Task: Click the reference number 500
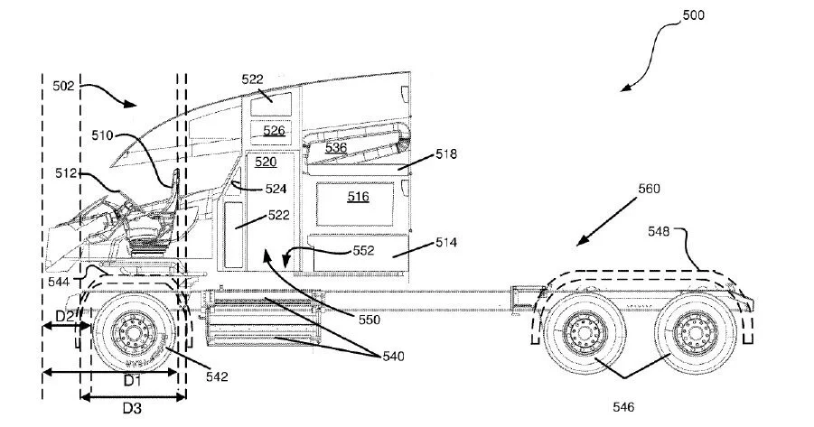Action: click(693, 15)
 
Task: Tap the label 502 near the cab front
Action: click(64, 86)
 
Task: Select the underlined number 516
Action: click(358, 197)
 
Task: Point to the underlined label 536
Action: click(336, 148)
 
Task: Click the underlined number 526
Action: click(274, 130)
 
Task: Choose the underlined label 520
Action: click(266, 162)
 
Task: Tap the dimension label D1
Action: click(133, 381)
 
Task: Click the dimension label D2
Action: click(65, 316)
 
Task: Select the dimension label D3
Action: click(132, 409)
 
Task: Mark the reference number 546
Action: click(623, 407)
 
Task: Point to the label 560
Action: click(649, 189)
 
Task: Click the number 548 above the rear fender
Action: click(659, 231)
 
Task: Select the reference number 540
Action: click(393, 357)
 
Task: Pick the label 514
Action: click(446, 242)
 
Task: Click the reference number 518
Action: click(446, 154)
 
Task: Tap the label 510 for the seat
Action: click(102, 135)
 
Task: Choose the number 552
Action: click(363, 251)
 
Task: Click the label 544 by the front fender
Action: click(59, 282)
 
